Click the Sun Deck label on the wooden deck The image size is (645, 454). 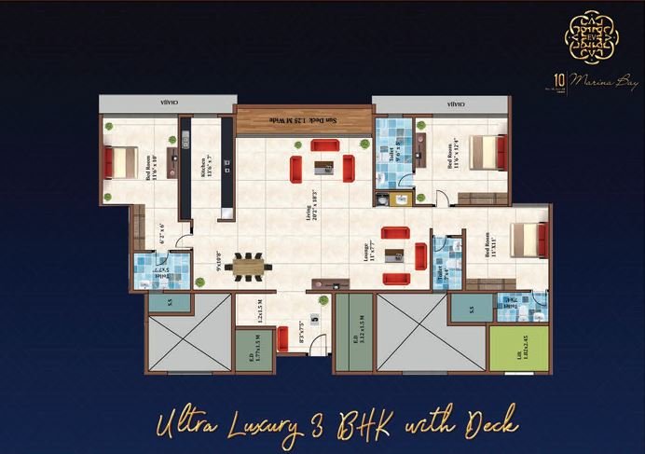coord(299,121)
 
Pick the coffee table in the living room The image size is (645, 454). coord(322,167)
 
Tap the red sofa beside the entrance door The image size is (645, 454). coord(282,337)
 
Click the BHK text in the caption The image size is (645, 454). coord(359,424)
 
